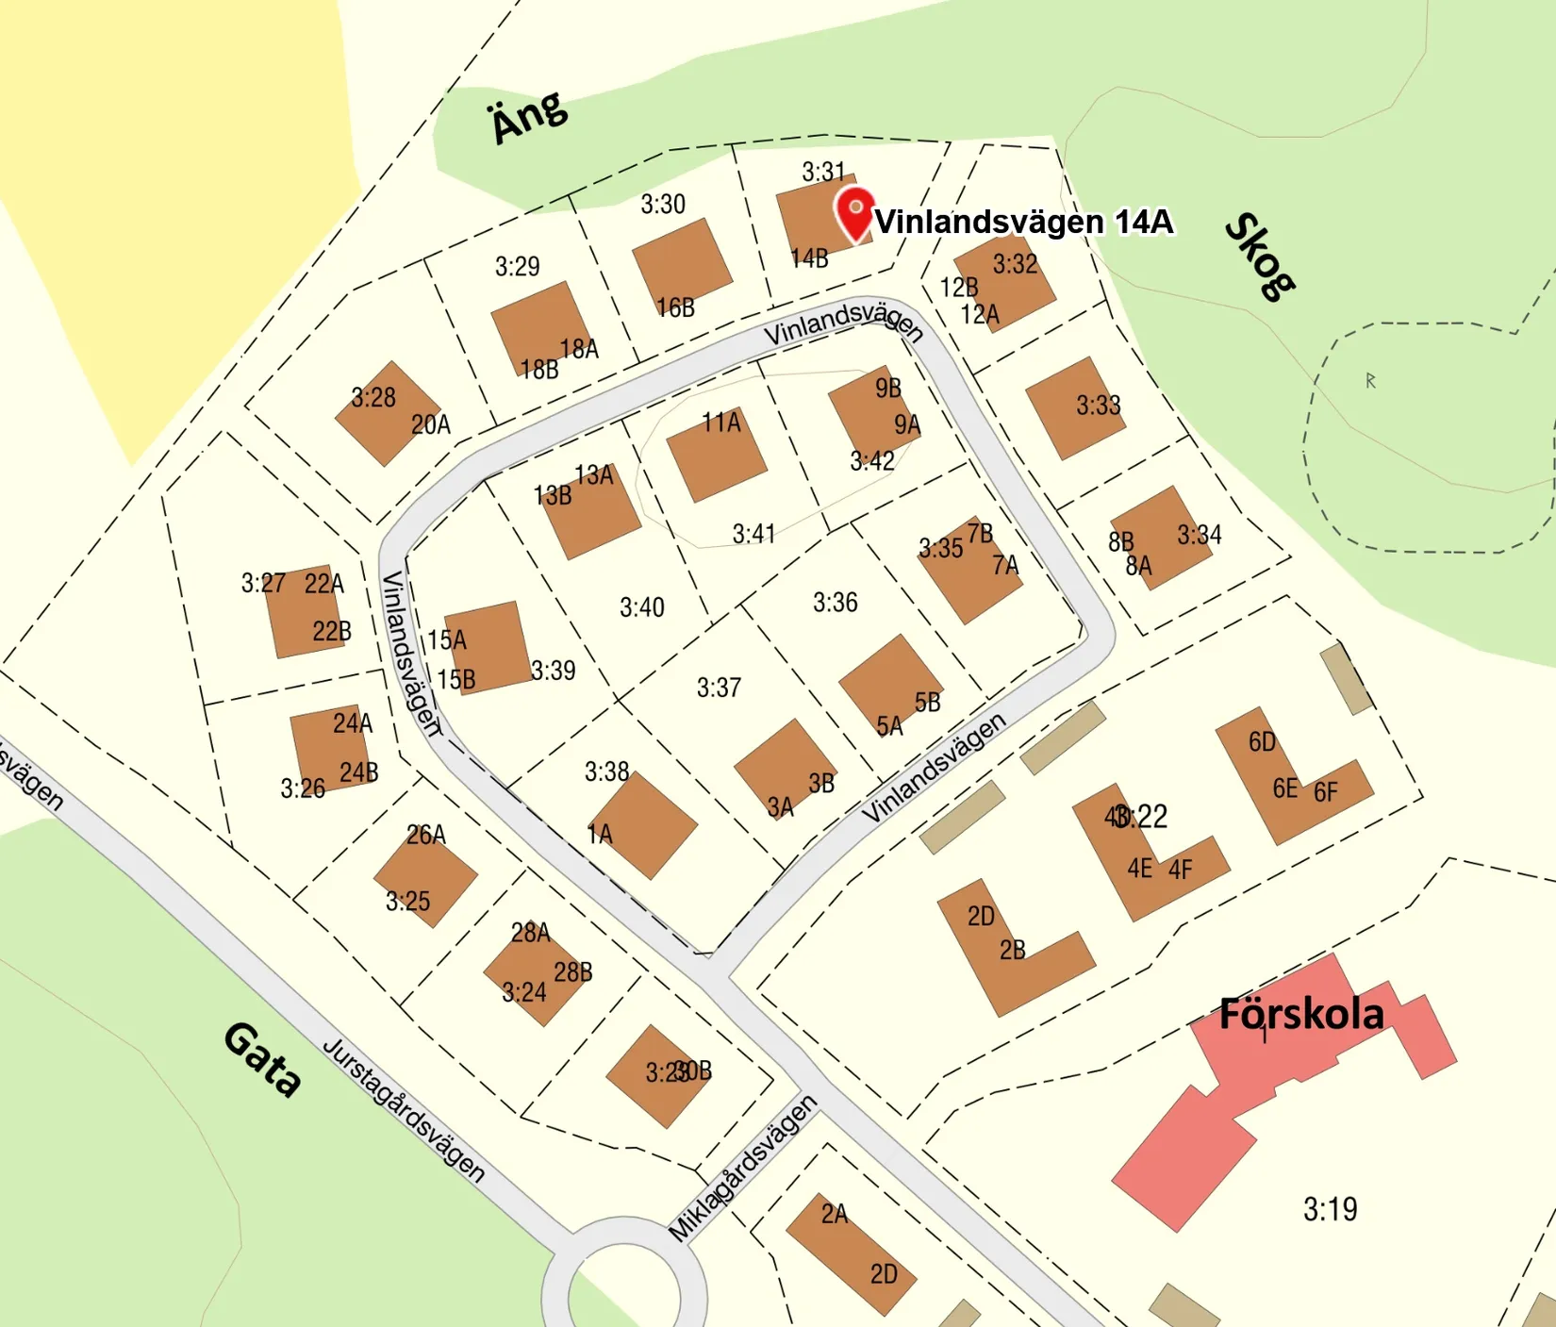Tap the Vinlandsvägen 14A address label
click(x=1024, y=222)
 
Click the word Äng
click(x=529, y=117)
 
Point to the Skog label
click(x=1260, y=257)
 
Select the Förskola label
click(x=1301, y=1014)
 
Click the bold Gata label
click(x=262, y=1060)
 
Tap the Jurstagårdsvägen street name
click(x=405, y=1111)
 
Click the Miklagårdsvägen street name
click(x=742, y=1169)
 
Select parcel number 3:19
click(x=1330, y=1209)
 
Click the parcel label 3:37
click(x=719, y=688)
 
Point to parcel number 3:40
click(x=641, y=607)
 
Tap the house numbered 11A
click(x=717, y=456)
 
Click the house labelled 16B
click(x=681, y=267)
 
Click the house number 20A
click(x=431, y=425)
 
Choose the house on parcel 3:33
click(x=1075, y=407)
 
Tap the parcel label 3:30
click(x=663, y=204)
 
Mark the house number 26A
click(x=426, y=835)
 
